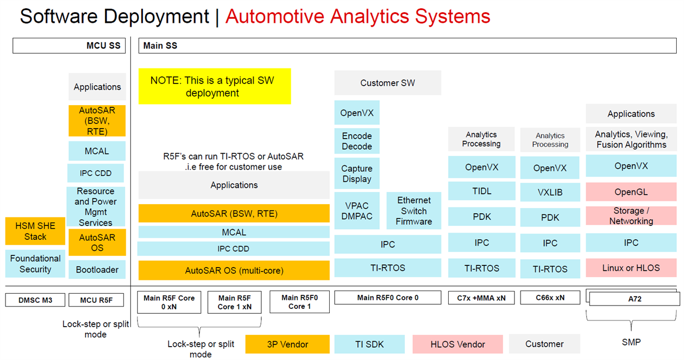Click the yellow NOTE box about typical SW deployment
point(214,86)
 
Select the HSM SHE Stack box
point(35,231)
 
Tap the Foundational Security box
point(35,264)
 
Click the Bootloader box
point(97,270)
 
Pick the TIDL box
point(481,191)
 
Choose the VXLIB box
point(550,193)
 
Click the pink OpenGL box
point(631,192)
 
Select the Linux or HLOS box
point(631,268)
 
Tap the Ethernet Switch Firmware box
point(414,211)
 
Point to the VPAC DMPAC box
point(356,211)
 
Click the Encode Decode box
point(356,141)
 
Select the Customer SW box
point(388,83)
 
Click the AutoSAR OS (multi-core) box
point(234,271)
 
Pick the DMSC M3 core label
point(35,300)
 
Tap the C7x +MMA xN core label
point(481,298)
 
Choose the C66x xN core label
point(550,298)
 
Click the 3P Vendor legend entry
point(287,344)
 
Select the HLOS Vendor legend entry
point(457,344)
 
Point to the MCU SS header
point(69,46)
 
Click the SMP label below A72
point(631,342)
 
